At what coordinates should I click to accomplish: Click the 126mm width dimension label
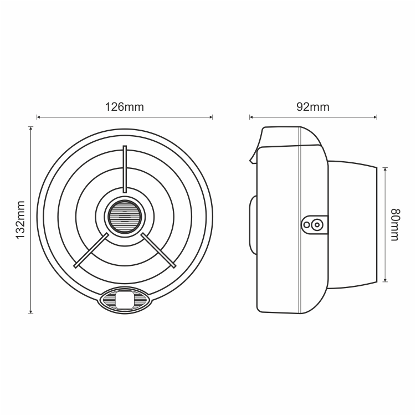tap(125, 107)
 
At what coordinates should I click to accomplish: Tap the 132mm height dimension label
tap(20, 220)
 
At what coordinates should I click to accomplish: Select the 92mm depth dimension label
tap(313, 107)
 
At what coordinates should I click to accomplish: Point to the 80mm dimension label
tap(395, 225)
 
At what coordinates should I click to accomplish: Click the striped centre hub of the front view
tap(125, 217)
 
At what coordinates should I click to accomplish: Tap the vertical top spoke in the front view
tap(125, 169)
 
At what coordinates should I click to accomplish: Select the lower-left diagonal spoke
tap(91, 250)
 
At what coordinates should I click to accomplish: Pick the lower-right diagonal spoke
tap(158, 250)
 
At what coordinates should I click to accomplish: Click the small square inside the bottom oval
tap(125, 300)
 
